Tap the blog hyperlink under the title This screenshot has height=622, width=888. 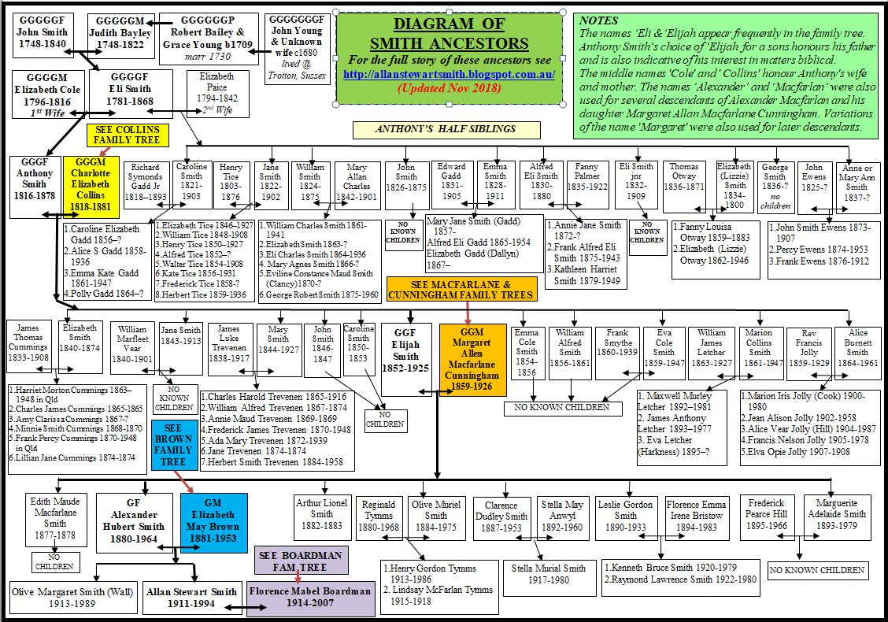coord(450,74)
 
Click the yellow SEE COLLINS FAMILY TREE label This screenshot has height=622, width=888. coord(127,135)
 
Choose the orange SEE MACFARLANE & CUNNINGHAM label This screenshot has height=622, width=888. coord(462,290)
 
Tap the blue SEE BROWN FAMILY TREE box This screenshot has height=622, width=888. coord(173,444)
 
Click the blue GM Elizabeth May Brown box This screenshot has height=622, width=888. coord(213,520)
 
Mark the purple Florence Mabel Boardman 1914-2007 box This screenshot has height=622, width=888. coord(311,598)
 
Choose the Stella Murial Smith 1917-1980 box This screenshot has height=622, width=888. coord(549,574)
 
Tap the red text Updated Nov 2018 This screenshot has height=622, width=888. coord(449,88)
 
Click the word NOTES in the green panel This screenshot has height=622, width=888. coord(599,21)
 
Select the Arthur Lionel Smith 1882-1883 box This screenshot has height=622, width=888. coord(322,513)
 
